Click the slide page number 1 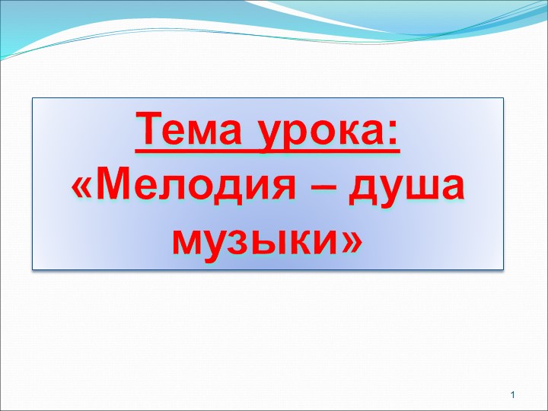(x=514, y=394)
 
